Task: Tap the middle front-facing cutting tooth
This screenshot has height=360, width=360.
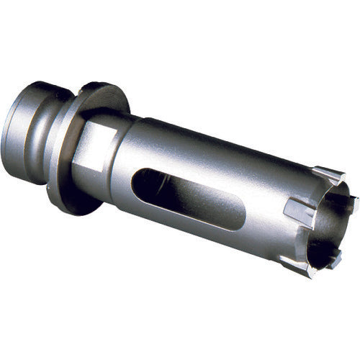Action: (298, 212)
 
